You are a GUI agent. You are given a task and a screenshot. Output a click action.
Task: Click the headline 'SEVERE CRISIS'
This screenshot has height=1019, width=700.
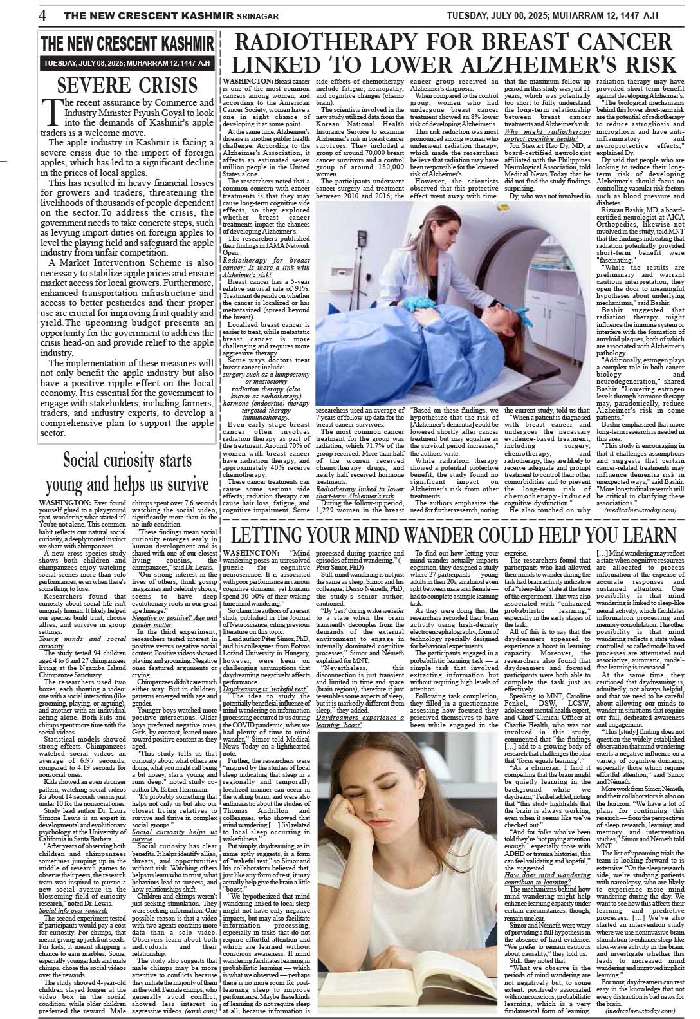click(127, 85)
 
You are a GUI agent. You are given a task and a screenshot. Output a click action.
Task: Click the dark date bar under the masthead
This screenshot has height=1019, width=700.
click(127, 63)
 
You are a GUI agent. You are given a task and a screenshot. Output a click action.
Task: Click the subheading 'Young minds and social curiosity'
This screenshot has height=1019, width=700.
click(82, 642)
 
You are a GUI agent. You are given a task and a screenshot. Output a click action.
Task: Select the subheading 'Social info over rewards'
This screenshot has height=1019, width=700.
click(73, 911)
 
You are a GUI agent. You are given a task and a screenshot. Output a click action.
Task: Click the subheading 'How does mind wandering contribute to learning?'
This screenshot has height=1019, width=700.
click(548, 879)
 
